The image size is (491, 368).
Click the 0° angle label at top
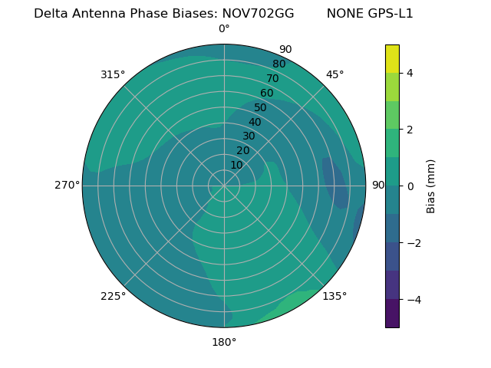click(x=224, y=29)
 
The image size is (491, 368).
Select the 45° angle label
click(x=334, y=74)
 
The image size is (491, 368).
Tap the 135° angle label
click(x=334, y=296)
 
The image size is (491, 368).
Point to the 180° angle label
click(x=224, y=342)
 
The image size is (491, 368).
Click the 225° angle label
click(x=113, y=296)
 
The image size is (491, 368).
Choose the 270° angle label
click(x=68, y=186)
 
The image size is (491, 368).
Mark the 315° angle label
click(x=113, y=74)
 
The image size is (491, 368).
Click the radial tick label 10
click(x=236, y=165)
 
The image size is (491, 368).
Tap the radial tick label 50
click(x=261, y=107)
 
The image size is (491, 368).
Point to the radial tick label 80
click(x=278, y=64)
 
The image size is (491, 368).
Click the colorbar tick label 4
click(x=410, y=73)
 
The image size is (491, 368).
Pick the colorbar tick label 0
click(x=410, y=186)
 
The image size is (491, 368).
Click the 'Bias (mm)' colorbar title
click(x=431, y=186)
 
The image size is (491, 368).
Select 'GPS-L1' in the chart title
click(x=392, y=14)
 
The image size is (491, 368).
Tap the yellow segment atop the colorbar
click(x=392, y=58)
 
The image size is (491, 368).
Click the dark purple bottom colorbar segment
click(x=392, y=314)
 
